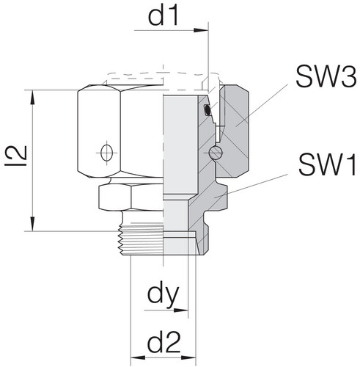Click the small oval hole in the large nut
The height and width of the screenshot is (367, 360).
[107, 153]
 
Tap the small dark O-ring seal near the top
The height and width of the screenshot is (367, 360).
[209, 111]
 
